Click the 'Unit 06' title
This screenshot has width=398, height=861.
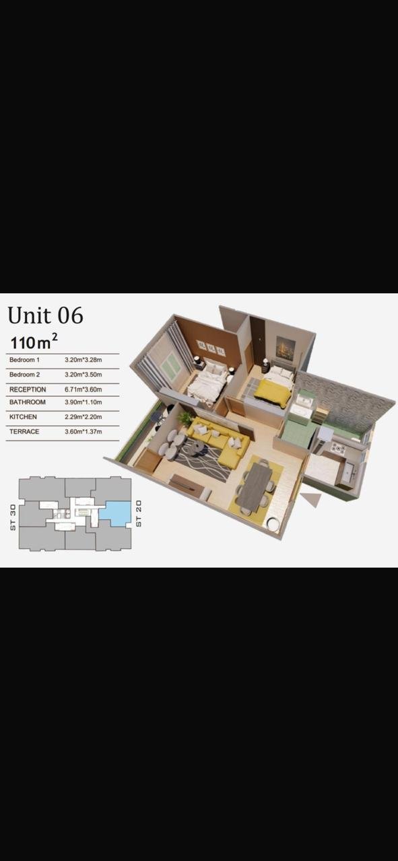45,315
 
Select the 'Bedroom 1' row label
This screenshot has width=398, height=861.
25,360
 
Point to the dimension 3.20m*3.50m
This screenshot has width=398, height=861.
83,375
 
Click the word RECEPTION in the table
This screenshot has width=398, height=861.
28,389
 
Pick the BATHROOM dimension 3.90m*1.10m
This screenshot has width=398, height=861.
83,402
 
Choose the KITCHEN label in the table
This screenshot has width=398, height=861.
23,416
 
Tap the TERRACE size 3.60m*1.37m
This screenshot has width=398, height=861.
83,432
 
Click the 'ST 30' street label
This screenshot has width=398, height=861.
13,518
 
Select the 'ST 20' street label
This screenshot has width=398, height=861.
139,513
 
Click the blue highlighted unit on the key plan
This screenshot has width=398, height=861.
114,513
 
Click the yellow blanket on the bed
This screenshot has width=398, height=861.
273,392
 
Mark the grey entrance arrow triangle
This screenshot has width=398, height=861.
311,499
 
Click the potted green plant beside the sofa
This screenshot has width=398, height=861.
185,419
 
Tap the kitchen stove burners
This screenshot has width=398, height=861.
339,448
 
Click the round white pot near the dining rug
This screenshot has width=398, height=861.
273,524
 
